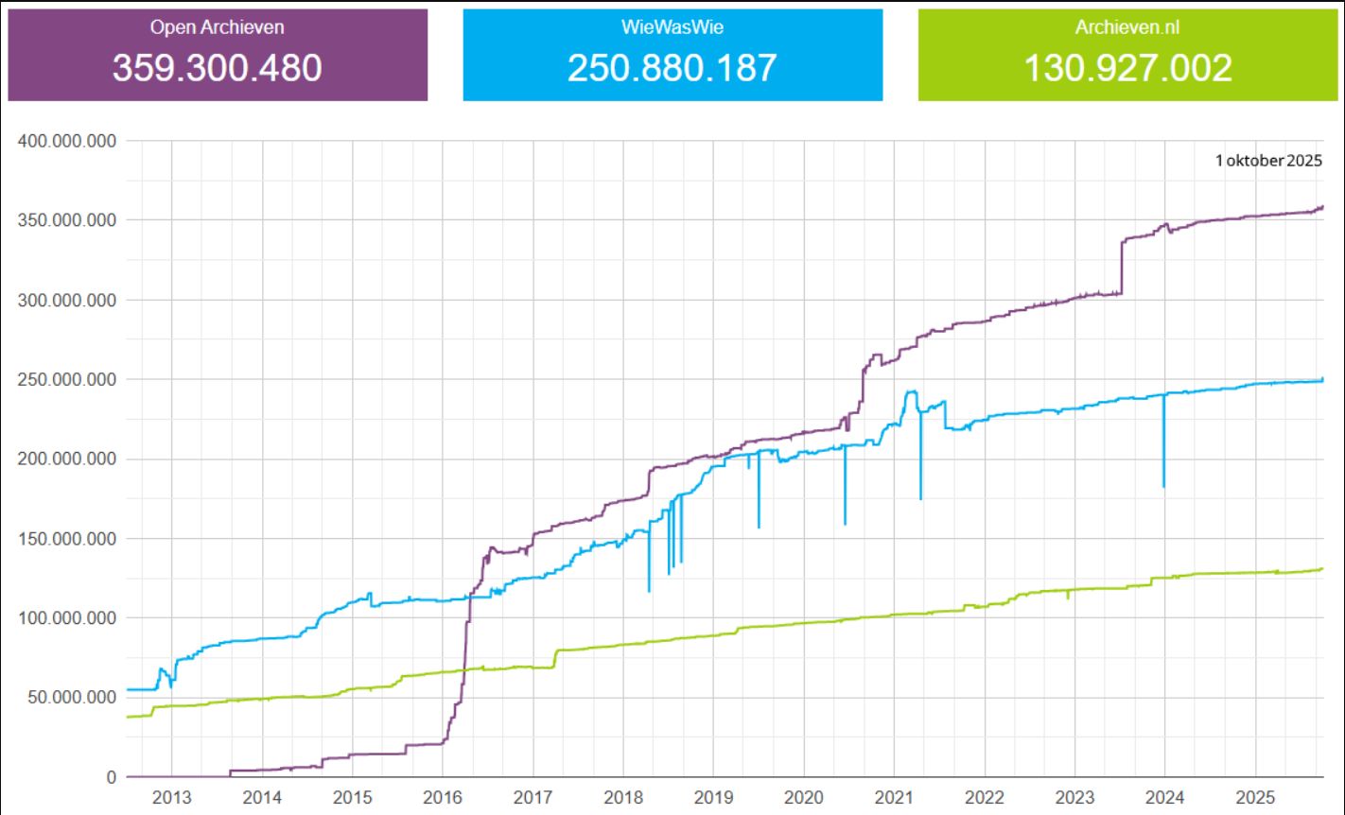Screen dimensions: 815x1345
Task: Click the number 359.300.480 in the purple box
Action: tap(217, 68)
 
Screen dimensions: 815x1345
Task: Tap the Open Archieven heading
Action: tap(217, 27)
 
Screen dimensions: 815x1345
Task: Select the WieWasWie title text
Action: tap(672, 27)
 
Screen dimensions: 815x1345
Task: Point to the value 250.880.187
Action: tap(672, 68)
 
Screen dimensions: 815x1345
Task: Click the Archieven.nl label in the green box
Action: tap(1128, 27)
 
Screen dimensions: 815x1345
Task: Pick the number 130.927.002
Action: tap(1128, 68)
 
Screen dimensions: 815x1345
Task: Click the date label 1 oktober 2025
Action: tap(1268, 161)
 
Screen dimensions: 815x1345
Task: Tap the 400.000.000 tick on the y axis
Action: tap(66, 141)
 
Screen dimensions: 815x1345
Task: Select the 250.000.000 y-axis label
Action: tap(66, 380)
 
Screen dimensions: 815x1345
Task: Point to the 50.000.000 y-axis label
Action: tap(71, 698)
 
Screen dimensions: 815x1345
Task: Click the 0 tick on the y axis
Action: tap(111, 777)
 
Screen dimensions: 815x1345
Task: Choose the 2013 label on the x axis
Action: tap(171, 796)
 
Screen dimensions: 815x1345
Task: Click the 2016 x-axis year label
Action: tap(443, 796)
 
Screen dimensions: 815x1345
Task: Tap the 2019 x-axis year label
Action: tap(713, 796)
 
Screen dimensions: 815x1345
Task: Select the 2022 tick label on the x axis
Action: tap(984, 796)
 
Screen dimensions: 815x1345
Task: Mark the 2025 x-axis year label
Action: tap(1255, 796)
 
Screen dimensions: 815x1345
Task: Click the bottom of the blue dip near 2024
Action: tap(1163, 486)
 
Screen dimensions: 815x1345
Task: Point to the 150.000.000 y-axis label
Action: tap(66, 539)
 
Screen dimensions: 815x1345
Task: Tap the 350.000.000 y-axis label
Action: tap(66, 220)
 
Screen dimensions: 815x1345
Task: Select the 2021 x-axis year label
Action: tap(894, 796)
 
